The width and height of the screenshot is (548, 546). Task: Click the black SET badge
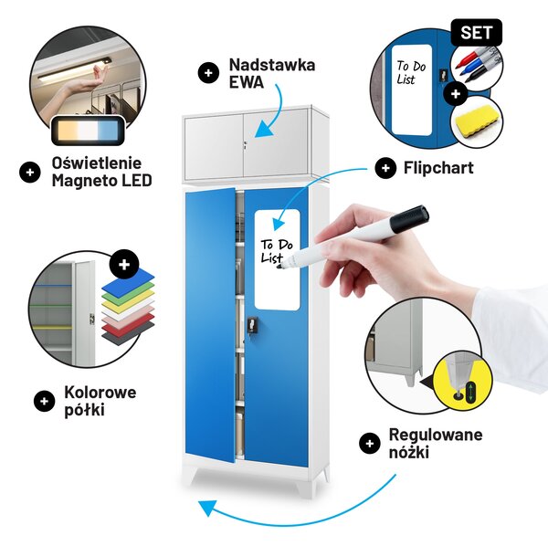point(477,33)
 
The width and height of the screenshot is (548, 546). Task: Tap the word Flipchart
point(438,168)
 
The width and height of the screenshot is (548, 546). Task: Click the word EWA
point(246,82)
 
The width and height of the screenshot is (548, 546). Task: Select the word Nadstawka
point(272,65)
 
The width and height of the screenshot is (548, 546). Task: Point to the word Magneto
point(83,181)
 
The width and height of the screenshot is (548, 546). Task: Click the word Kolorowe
point(100,393)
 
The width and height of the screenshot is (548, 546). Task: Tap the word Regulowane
point(436,435)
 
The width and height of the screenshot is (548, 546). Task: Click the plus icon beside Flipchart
point(385,168)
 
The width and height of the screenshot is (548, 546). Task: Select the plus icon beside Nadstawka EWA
point(208,73)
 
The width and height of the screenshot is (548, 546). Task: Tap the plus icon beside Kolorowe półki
point(45,401)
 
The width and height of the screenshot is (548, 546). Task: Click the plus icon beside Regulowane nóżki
point(369,444)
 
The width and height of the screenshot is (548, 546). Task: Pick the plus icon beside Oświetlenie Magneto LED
point(30,173)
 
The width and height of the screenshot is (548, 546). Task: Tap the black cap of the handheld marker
point(409,219)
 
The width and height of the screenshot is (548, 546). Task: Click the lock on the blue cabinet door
point(253,325)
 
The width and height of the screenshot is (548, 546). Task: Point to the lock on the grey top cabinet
point(246,145)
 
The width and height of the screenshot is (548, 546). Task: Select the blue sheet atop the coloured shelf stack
point(128,281)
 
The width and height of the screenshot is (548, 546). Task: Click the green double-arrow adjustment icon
point(470,392)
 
